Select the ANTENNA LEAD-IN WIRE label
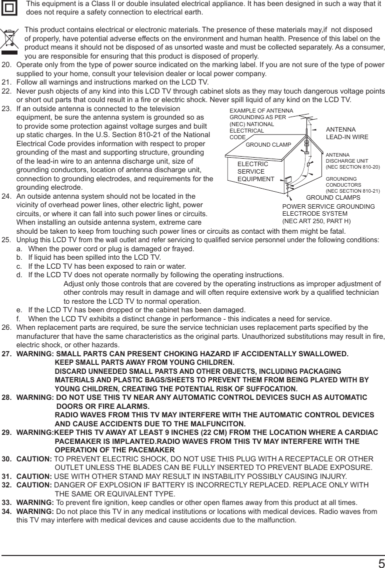[346, 133]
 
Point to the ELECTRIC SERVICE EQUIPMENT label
[255, 172]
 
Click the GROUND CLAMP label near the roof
[268, 145]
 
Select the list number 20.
[6, 65]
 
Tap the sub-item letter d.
[19, 275]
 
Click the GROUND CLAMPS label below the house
[332, 198]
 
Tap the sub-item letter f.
[18, 319]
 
